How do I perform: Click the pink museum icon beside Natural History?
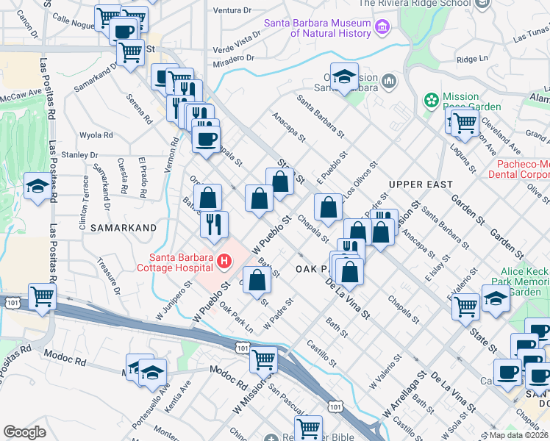[x=381, y=29]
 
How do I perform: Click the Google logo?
[x=24, y=432]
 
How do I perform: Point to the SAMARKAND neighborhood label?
[x=124, y=228]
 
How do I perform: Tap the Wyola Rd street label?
[x=96, y=135]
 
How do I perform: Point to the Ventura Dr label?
[x=232, y=11]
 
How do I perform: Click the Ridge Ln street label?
[x=472, y=60]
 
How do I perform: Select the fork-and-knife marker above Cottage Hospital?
[x=214, y=224]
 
